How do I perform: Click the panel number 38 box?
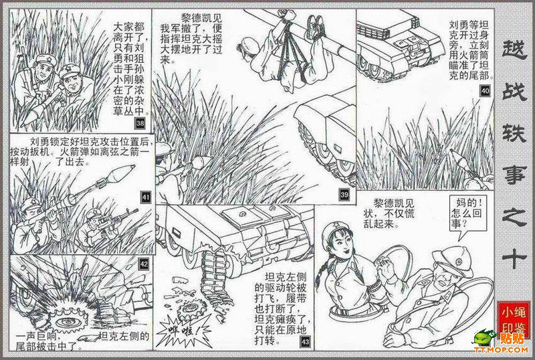click(140, 123)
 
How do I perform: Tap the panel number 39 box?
click(344, 195)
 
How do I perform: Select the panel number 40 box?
click(485, 90)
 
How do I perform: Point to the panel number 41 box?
click(146, 197)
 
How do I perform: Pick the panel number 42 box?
click(144, 264)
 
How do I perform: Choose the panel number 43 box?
click(305, 341)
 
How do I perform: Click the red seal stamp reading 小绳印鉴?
click(513, 319)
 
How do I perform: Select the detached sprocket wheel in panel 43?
click(190, 310)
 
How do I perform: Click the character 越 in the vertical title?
click(513, 51)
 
